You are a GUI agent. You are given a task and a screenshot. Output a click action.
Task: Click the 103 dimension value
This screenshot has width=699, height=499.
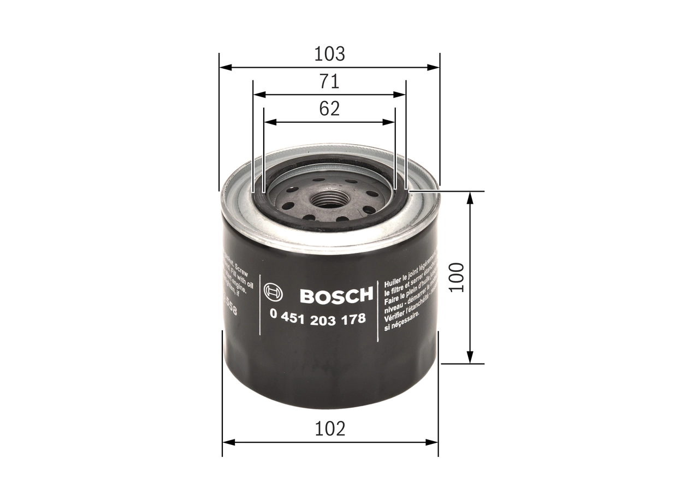click(x=329, y=54)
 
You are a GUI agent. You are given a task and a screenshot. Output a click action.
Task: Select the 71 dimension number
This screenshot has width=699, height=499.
click(x=329, y=81)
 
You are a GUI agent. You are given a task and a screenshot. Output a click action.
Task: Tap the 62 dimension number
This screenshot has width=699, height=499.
click(x=329, y=109)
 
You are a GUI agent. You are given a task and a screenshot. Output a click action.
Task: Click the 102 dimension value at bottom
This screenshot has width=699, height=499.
click(x=330, y=429)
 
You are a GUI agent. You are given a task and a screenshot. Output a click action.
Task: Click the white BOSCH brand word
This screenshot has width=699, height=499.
click(x=336, y=296)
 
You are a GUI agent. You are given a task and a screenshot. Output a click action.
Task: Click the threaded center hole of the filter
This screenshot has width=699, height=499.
click(x=328, y=200)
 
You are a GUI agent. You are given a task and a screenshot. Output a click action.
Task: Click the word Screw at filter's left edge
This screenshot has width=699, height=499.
click(x=240, y=263)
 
